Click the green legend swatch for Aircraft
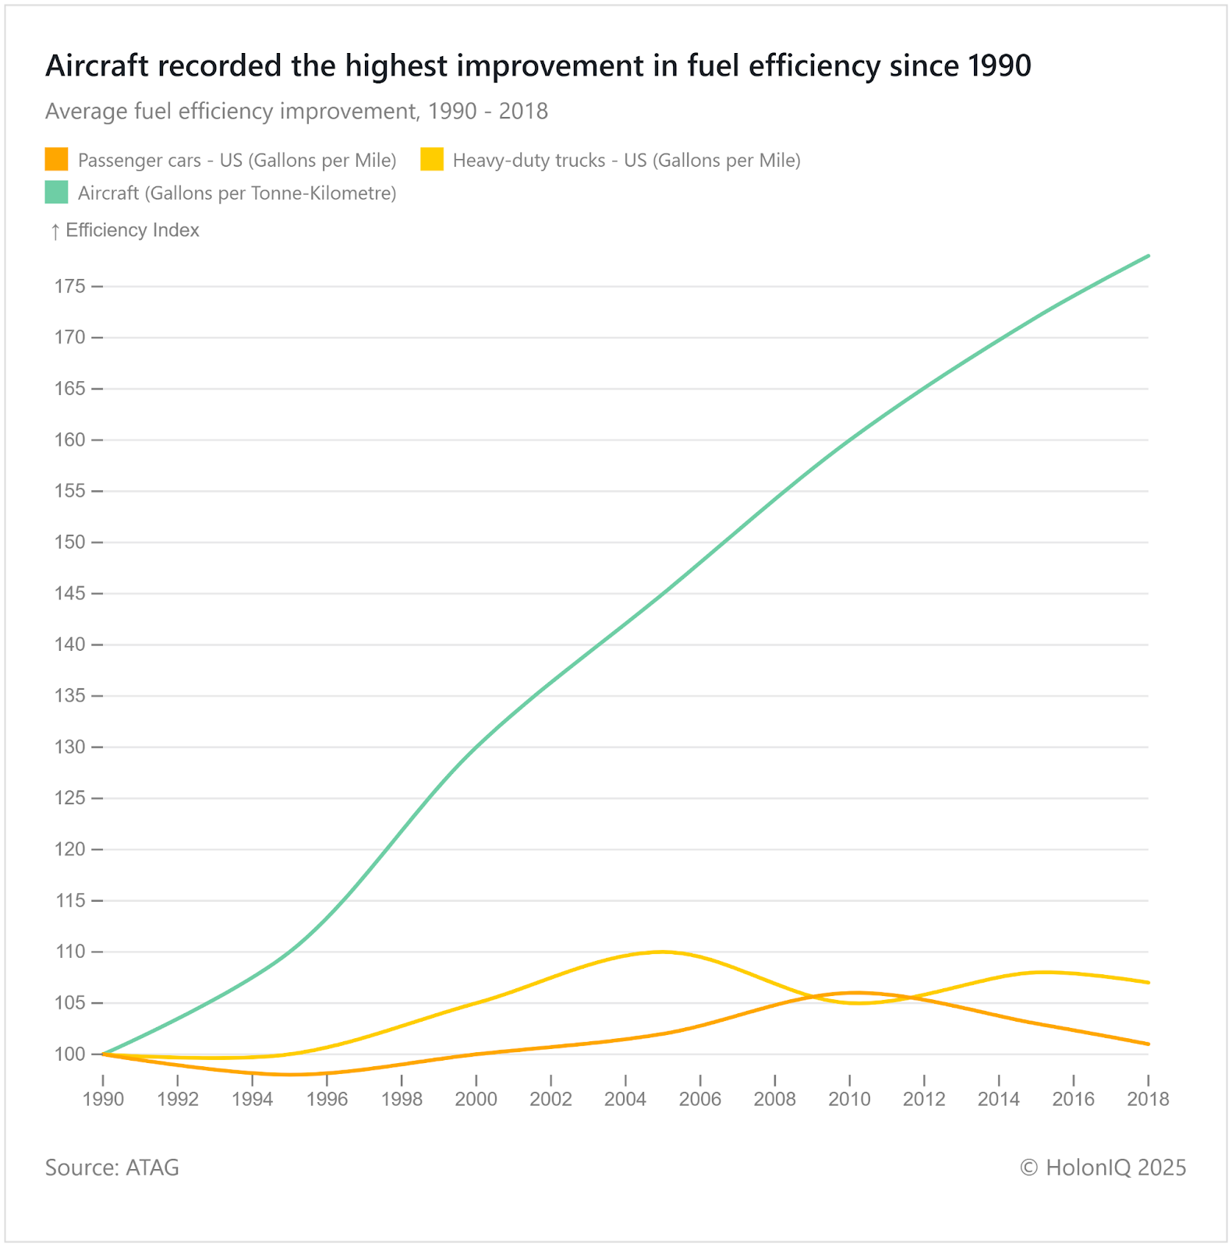click(x=57, y=193)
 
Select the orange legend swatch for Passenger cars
click(x=57, y=160)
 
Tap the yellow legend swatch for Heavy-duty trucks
click(x=432, y=160)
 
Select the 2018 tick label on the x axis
click(x=1149, y=1099)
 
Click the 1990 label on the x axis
click(x=103, y=1099)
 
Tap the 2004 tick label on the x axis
click(x=625, y=1099)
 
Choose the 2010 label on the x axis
click(x=849, y=1099)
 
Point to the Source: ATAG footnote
click(x=112, y=1168)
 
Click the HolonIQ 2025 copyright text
click(x=1103, y=1168)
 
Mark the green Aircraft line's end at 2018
click(x=1148, y=256)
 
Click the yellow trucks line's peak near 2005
click(x=662, y=952)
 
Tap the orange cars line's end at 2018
click(x=1148, y=1044)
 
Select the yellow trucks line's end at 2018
click(x=1148, y=983)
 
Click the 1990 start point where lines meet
click(x=103, y=1054)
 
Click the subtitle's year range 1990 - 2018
click(x=488, y=111)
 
